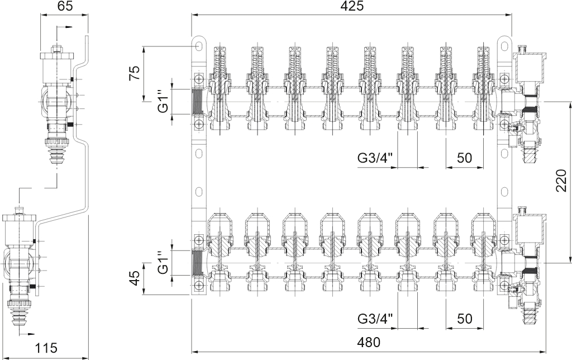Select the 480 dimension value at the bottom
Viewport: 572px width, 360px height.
(x=369, y=342)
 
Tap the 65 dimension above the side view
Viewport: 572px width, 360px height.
(x=64, y=6)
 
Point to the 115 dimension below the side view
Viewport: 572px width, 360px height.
(x=46, y=348)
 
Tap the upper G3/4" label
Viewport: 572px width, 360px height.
(x=375, y=158)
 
